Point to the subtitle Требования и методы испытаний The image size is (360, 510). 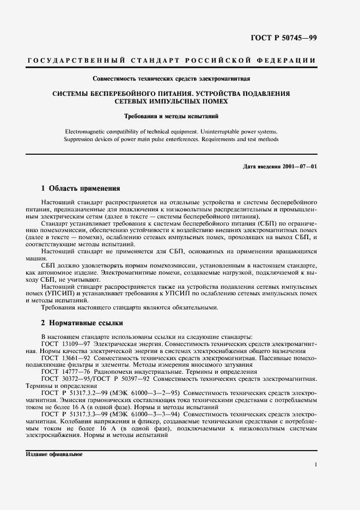[x=171, y=116]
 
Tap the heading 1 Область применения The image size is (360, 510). [x=81, y=189]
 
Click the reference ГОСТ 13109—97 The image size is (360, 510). [x=65, y=344]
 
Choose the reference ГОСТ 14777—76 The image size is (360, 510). [x=65, y=372]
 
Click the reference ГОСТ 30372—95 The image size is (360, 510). [x=65, y=378]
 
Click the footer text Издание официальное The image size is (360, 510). [x=53, y=454]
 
